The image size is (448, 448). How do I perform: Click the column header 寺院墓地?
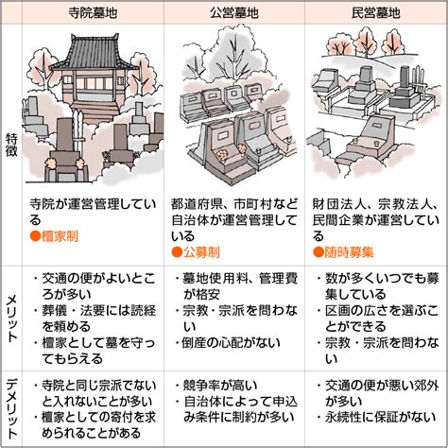(x=93, y=13)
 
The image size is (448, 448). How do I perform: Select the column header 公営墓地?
(x=234, y=13)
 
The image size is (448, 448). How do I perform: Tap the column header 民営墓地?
(x=375, y=13)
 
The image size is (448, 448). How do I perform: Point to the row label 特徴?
(x=11, y=146)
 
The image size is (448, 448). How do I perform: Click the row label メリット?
(x=11, y=319)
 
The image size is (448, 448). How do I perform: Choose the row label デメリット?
(x=11, y=409)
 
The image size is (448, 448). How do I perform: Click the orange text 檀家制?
(x=60, y=236)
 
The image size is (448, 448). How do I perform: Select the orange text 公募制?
(x=201, y=252)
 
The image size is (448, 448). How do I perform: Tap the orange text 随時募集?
(x=349, y=252)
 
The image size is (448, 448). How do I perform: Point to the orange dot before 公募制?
(x=177, y=252)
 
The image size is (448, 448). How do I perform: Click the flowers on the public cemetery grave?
(x=224, y=154)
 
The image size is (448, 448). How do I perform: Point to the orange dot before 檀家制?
(x=35, y=236)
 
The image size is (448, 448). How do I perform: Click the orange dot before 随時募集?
(x=319, y=252)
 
